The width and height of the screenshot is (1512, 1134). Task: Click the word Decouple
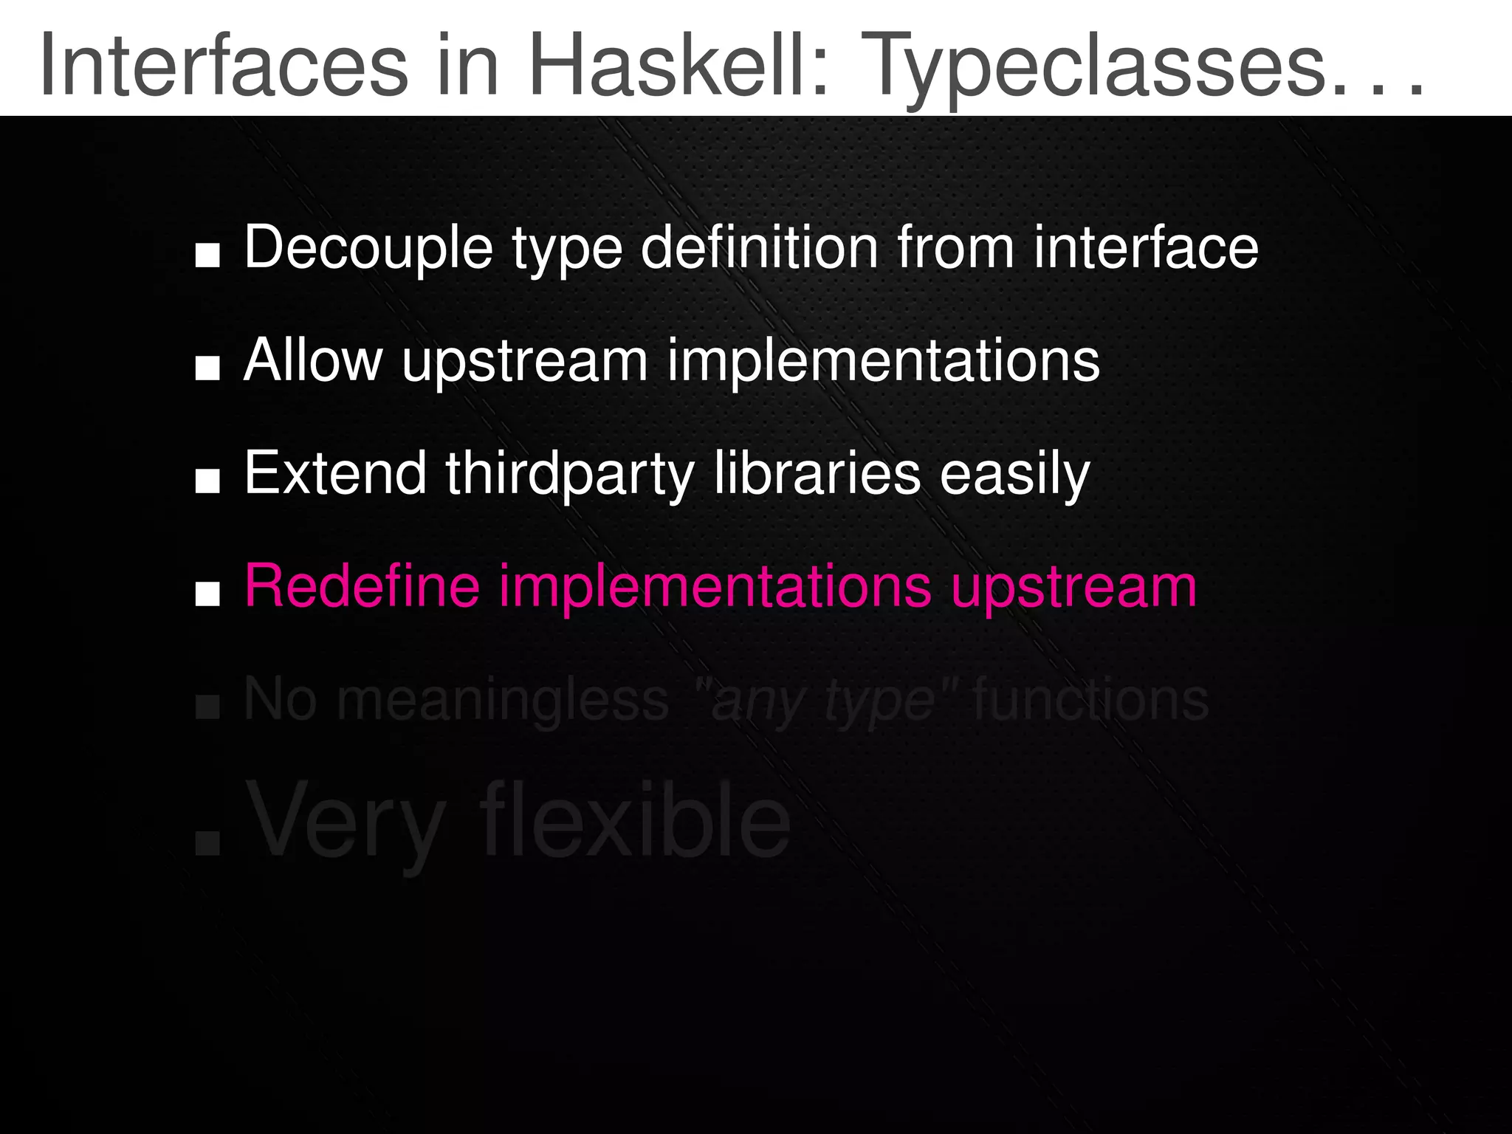click(368, 249)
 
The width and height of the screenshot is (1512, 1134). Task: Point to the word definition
click(760, 247)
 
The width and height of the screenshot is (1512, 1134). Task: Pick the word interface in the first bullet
click(1145, 247)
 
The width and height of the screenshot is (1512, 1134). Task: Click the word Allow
click(313, 360)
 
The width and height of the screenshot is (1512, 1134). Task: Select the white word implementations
click(883, 362)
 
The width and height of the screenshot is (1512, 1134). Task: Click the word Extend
click(335, 473)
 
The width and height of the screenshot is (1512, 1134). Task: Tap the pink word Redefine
click(362, 586)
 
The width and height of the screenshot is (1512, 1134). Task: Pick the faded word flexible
click(635, 821)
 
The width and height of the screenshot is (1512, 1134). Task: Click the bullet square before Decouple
click(207, 255)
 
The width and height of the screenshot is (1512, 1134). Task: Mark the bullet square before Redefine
click(207, 594)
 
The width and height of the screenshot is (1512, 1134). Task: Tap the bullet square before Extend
click(207, 481)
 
